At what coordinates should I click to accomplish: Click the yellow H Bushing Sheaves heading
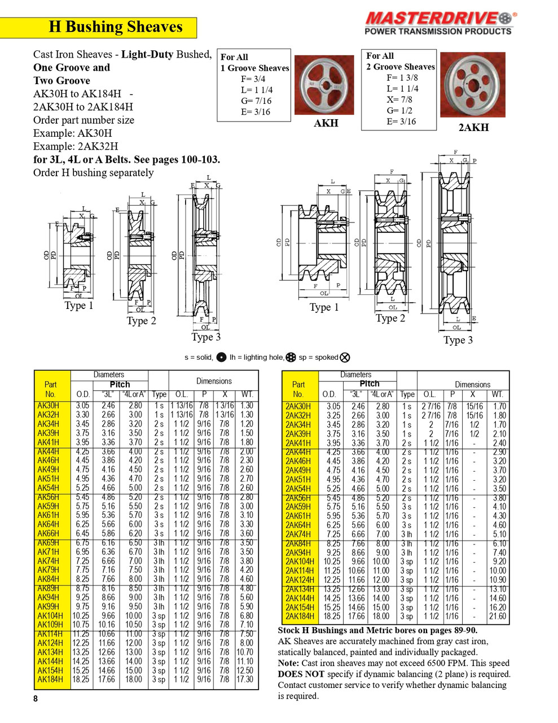click(x=116, y=27)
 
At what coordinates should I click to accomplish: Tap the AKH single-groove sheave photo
click(x=326, y=85)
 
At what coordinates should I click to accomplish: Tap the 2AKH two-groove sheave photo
click(x=472, y=85)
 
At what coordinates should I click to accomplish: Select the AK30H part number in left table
click(x=48, y=406)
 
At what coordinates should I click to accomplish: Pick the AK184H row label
click(x=50, y=680)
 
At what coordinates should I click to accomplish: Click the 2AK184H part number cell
click(x=300, y=616)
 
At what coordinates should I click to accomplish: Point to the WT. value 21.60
click(x=497, y=616)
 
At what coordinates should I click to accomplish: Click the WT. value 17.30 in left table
click(x=245, y=680)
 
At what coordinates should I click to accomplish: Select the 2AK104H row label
click(x=300, y=561)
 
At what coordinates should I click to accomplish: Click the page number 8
click(x=36, y=699)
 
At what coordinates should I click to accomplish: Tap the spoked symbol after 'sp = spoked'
click(x=345, y=357)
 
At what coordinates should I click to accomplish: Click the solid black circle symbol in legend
click(x=221, y=357)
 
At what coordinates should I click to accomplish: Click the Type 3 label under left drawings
click(x=206, y=337)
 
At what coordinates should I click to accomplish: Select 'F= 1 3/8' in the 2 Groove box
click(x=402, y=77)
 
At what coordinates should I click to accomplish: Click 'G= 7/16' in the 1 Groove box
click(x=256, y=101)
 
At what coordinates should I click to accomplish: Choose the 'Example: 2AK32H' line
click(x=76, y=146)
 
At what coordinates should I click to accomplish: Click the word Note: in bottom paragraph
click(x=288, y=663)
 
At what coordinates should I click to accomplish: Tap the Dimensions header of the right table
click(x=472, y=384)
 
